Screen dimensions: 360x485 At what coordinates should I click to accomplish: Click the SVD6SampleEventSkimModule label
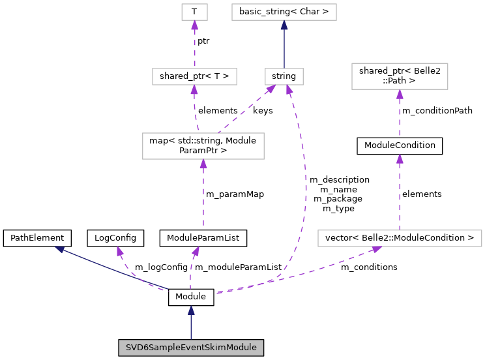coord(191,348)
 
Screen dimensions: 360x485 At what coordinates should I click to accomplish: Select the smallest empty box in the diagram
coord(194,12)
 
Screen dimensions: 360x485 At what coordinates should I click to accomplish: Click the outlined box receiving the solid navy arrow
coord(284,12)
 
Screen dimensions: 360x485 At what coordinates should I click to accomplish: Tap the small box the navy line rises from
coord(284,76)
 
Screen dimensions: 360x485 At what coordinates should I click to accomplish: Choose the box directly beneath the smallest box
coord(194,76)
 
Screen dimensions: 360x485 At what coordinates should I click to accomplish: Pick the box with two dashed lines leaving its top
coord(203,146)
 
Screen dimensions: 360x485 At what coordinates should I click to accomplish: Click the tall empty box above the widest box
coord(400,76)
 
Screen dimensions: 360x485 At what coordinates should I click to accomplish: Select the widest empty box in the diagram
coord(400,239)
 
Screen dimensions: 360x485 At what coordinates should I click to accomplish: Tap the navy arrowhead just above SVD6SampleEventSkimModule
coord(191,310)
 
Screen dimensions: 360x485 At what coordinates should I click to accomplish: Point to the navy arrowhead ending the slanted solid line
coord(59,249)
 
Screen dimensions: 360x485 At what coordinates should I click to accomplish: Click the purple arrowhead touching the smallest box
coord(194,25)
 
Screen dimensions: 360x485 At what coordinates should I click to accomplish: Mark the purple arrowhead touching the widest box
coord(376,249)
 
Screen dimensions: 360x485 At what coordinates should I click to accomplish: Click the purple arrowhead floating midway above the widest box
coord(400,159)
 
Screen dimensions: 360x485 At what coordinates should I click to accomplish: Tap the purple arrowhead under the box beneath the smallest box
coord(194,90)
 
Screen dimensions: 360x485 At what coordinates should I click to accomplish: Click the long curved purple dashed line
coord(304,196)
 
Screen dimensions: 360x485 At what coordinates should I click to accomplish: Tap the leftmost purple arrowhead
coord(120,251)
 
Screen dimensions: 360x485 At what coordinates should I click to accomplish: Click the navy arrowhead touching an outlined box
coord(284,25)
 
